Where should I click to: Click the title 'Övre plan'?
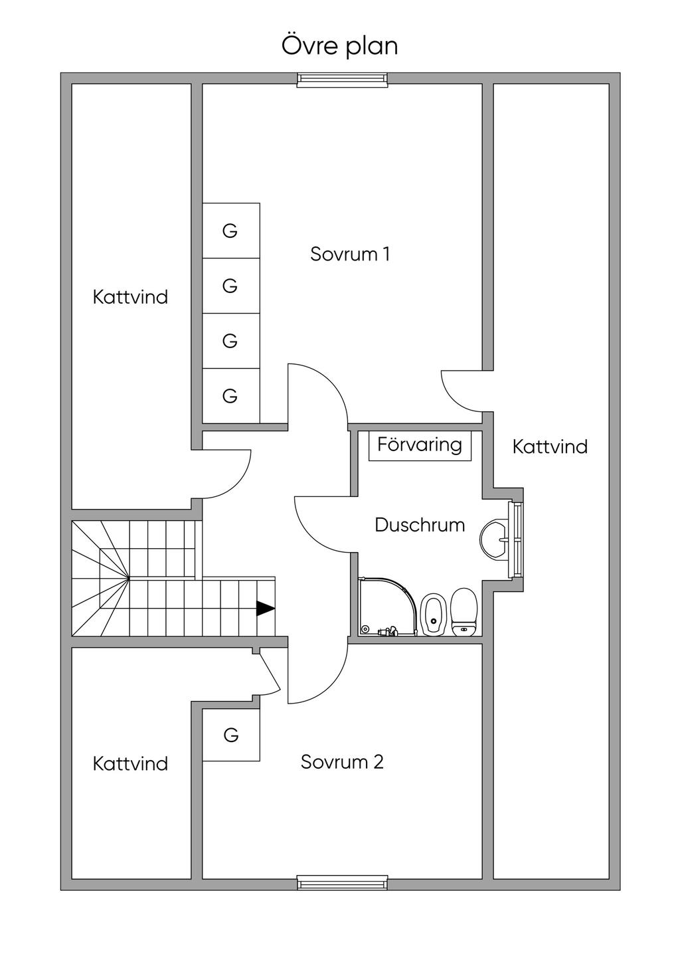pyautogui.click(x=340, y=47)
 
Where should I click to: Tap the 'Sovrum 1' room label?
pyautogui.click(x=350, y=254)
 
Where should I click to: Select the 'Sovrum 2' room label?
pyautogui.click(x=342, y=761)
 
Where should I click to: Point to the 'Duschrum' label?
pyautogui.click(x=420, y=525)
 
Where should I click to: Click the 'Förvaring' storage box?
pyautogui.click(x=420, y=444)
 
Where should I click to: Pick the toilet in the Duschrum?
pyautogui.click(x=464, y=611)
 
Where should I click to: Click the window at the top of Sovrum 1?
pyautogui.click(x=342, y=80)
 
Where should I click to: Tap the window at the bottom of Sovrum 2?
pyautogui.click(x=342, y=883)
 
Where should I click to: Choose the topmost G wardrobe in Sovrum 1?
pyautogui.click(x=230, y=231)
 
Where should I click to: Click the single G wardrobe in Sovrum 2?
pyautogui.click(x=230, y=735)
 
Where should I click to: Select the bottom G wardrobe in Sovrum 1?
pyautogui.click(x=230, y=396)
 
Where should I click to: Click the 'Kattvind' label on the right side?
pyautogui.click(x=550, y=446)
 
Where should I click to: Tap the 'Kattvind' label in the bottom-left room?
pyautogui.click(x=130, y=763)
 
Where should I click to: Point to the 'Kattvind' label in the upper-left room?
pyautogui.click(x=130, y=296)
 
